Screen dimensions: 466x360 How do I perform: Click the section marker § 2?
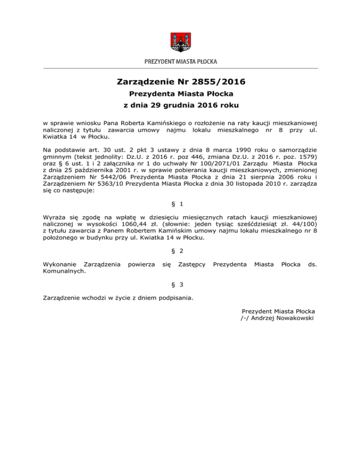tap(180, 251)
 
